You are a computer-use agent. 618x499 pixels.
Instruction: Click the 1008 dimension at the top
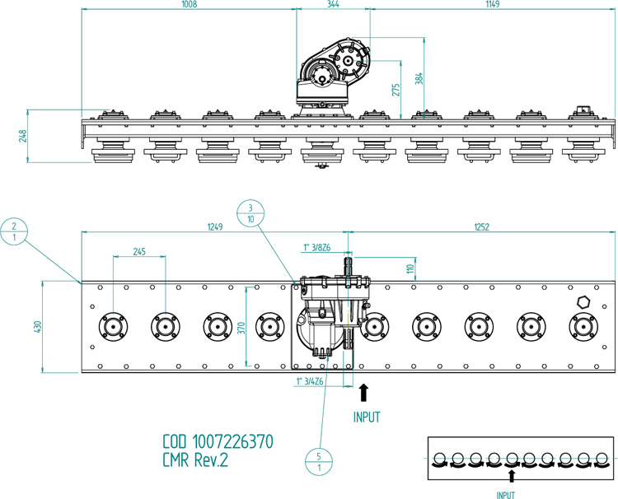tap(189, 5)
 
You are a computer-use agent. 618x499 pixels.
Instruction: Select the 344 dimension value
tap(332, 5)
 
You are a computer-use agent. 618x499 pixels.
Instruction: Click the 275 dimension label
tap(396, 88)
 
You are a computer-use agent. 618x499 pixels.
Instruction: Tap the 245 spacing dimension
tap(138, 252)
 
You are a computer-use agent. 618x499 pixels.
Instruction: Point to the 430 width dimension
tap(35, 327)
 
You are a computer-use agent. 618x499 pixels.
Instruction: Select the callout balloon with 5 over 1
tap(317, 462)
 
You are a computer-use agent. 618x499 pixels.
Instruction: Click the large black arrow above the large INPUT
tap(365, 393)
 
